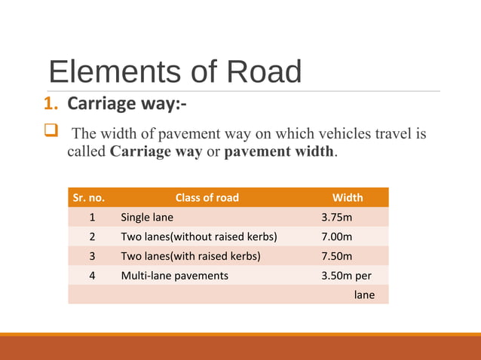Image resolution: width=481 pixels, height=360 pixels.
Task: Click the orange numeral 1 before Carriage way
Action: click(x=53, y=104)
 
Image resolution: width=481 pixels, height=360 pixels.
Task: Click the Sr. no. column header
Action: click(x=88, y=197)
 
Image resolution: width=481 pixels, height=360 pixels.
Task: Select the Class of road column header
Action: click(x=207, y=197)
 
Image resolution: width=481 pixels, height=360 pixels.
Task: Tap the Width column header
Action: click(x=348, y=197)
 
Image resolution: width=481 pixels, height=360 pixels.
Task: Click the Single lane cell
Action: click(x=147, y=217)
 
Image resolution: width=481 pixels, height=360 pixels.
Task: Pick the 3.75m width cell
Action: click(x=337, y=217)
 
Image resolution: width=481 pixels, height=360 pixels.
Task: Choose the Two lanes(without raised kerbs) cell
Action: click(x=199, y=236)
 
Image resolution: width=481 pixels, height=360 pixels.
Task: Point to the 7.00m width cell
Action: click(x=337, y=236)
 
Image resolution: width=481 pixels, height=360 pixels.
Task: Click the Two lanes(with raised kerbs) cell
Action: click(x=191, y=256)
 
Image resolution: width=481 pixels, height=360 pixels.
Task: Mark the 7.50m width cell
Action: click(x=337, y=256)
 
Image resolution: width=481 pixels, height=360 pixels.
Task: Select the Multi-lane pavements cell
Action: click(x=174, y=276)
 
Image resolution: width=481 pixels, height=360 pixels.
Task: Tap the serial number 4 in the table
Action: click(x=92, y=276)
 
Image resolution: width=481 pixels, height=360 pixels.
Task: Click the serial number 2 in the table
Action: click(x=92, y=236)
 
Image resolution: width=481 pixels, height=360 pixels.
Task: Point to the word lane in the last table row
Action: click(x=364, y=295)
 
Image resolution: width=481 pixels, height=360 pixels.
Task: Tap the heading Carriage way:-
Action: click(x=127, y=104)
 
